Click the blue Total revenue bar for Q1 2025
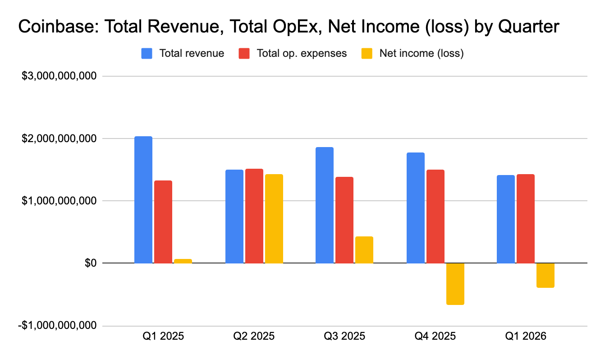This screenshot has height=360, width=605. tap(143, 200)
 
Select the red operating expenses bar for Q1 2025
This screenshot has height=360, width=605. tap(163, 222)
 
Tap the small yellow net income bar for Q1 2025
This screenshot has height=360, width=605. tap(183, 261)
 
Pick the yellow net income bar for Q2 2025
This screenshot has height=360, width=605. tap(274, 219)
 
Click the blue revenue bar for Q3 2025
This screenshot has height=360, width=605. tap(325, 205)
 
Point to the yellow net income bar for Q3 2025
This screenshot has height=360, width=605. tap(364, 250)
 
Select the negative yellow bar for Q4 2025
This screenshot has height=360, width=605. tap(455, 284)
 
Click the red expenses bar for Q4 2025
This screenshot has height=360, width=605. tap(435, 217)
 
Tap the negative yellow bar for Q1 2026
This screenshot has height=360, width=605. tap(545, 275)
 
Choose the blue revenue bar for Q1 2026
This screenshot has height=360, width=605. tap(506, 219)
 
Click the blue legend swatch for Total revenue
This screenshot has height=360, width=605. tap(147, 54)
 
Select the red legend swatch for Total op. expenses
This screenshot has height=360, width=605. tap(244, 54)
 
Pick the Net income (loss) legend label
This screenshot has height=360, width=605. tap(422, 54)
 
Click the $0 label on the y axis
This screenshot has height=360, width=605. tap(91, 263)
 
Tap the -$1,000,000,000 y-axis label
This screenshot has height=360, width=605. tap(57, 325)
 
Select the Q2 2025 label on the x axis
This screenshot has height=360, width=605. tap(254, 336)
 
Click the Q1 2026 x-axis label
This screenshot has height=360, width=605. tap(525, 336)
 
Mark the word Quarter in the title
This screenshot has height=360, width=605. tap(528, 27)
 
